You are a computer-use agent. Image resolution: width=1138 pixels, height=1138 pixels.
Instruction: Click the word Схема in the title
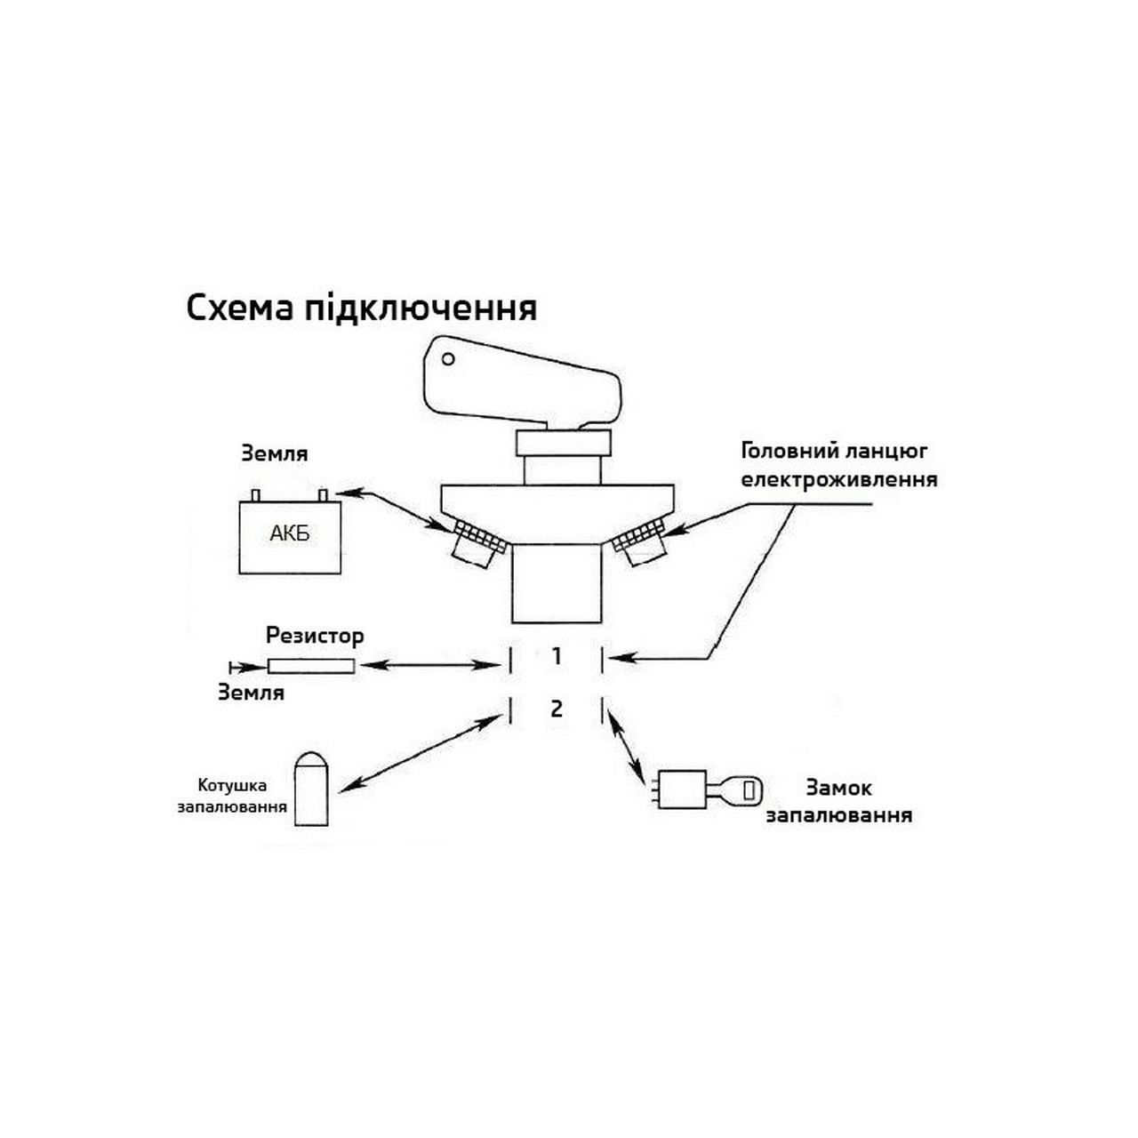point(239,308)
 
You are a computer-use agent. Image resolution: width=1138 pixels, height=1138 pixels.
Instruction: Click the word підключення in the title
point(421,309)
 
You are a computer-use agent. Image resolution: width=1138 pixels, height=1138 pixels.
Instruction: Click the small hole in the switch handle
point(447,358)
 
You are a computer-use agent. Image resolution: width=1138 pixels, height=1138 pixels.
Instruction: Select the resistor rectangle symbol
point(311,666)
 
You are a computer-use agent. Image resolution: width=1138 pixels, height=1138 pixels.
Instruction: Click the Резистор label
point(315,636)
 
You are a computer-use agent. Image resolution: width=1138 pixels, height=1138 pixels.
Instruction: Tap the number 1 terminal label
point(556,656)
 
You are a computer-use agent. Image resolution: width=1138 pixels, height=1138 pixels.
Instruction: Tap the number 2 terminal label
point(557,709)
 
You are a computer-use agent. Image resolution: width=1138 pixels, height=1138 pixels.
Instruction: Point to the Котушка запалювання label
point(233,796)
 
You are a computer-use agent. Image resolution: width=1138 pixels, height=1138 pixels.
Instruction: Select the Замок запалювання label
point(838,801)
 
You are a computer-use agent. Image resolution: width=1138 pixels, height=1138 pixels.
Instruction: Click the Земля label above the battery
point(275,453)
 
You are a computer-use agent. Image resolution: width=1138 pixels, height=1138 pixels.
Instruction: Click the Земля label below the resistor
point(251,692)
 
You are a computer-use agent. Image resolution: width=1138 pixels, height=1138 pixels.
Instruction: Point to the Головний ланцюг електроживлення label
point(839,465)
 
